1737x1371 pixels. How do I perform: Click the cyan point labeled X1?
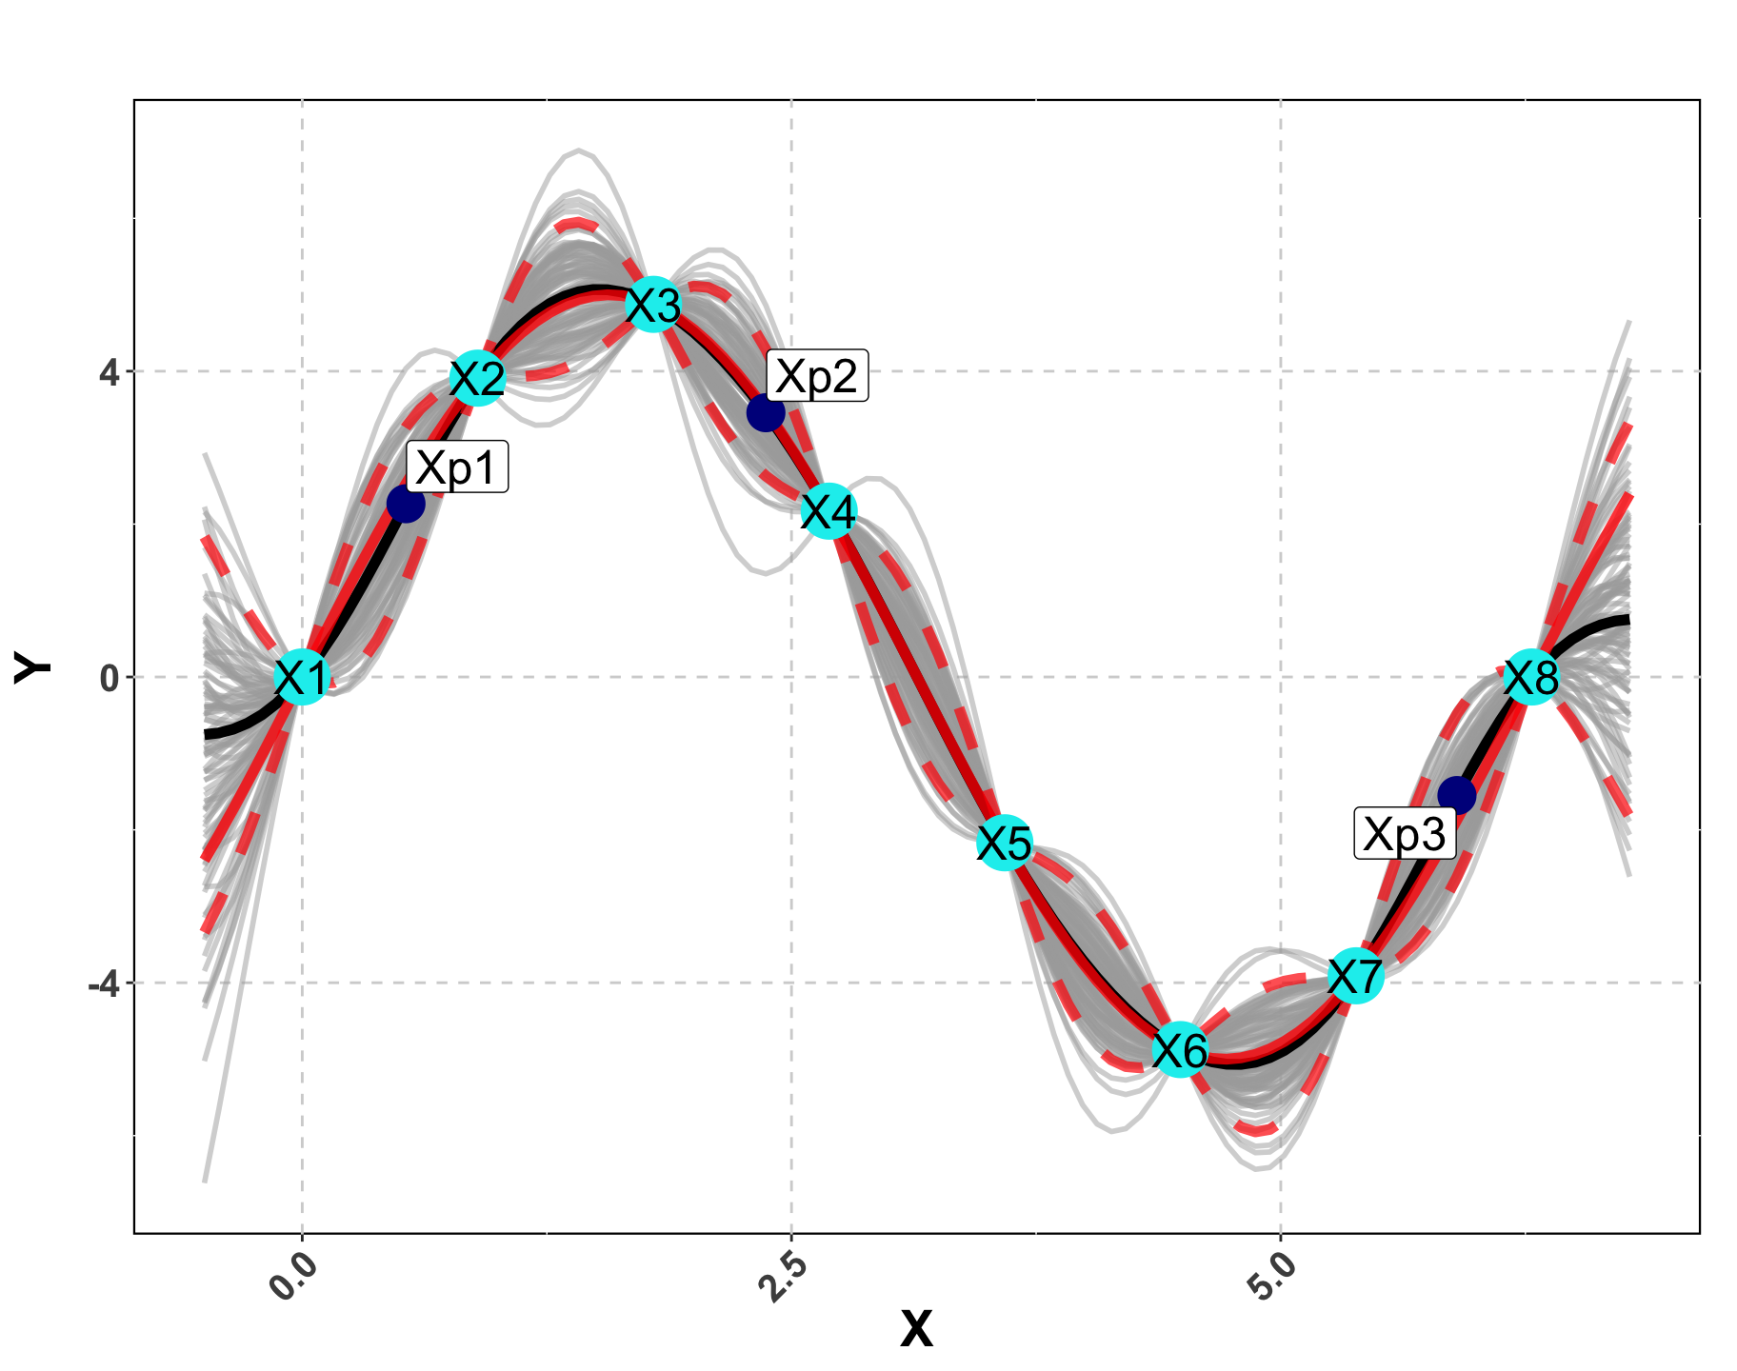[302, 678]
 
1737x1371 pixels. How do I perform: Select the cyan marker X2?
[477, 378]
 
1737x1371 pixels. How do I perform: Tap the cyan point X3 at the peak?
[653, 306]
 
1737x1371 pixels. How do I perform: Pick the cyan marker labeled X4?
[829, 511]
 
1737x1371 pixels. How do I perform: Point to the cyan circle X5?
[1005, 843]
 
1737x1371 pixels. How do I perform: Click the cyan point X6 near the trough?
[1180, 1050]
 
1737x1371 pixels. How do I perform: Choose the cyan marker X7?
[1355, 976]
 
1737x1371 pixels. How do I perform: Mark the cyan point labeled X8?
[1531, 677]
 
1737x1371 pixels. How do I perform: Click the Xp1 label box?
[457, 467]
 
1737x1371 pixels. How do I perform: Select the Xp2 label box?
[816, 375]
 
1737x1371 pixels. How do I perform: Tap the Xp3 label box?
[1405, 834]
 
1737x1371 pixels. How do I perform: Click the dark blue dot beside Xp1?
[406, 504]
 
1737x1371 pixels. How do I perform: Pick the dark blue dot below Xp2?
[766, 413]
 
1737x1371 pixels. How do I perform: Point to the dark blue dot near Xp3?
[1456, 794]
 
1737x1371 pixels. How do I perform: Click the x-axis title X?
[916, 1329]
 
